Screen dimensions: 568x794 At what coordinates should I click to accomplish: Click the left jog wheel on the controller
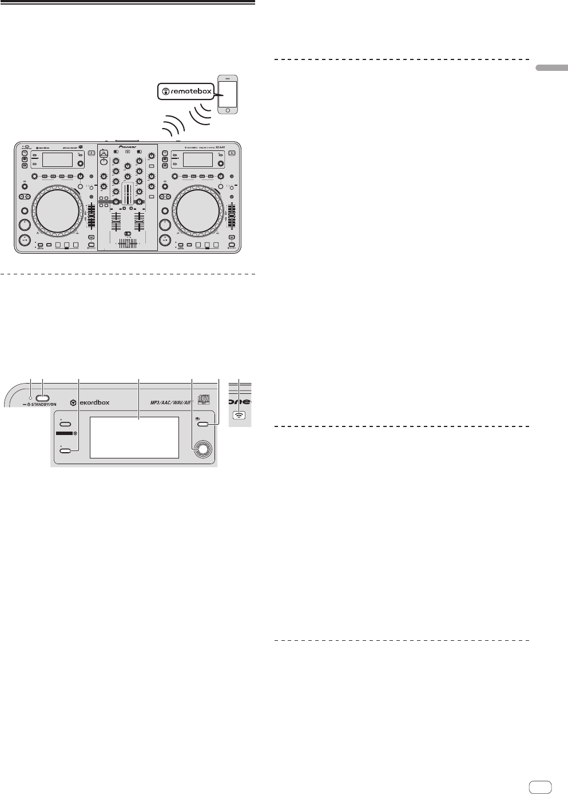coord(56,210)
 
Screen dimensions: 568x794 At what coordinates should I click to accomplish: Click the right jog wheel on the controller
coord(197,210)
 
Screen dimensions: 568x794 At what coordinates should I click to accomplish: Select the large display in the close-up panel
coord(135,437)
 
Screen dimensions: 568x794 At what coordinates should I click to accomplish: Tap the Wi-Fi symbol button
coord(239,416)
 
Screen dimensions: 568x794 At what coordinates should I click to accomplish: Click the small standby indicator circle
coord(31,398)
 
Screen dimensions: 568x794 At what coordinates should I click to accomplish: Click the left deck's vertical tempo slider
coord(90,220)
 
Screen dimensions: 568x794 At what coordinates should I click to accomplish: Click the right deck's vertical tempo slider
coord(232,220)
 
